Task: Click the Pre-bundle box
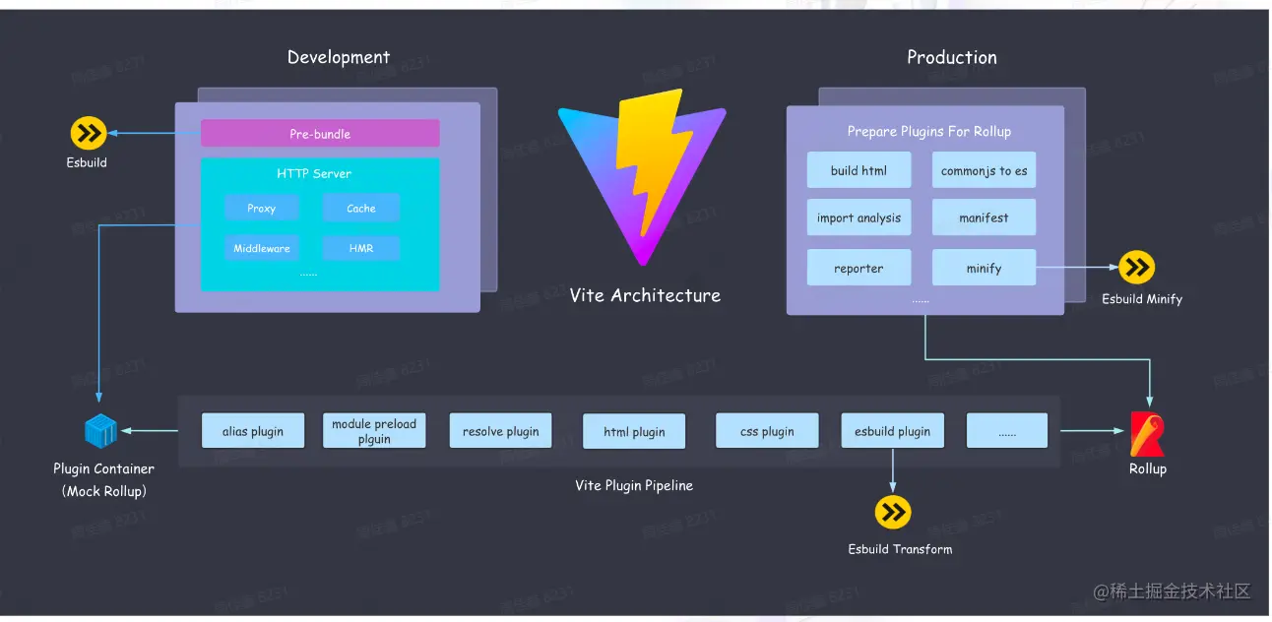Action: point(320,134)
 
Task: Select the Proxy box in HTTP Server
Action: point(261,209)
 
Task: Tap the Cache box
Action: point(361,209)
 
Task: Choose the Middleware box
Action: point(261,248)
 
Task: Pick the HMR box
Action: point(361,248)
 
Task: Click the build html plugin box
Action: point(859,170)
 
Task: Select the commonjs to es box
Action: point(984,170)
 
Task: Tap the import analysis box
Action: point(859,218)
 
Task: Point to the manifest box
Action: point(984,218)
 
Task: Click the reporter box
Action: point(859,268)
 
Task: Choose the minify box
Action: point(984,268)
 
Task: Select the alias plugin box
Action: point(253,431)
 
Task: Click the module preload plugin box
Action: point(374,431)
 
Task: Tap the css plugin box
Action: point(768,431)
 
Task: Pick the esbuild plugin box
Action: point(893,431)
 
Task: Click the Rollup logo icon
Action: point(1147,434)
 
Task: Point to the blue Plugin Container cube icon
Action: point(100,431)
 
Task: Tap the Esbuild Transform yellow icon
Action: point(893,513)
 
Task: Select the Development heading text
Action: point(339,57)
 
